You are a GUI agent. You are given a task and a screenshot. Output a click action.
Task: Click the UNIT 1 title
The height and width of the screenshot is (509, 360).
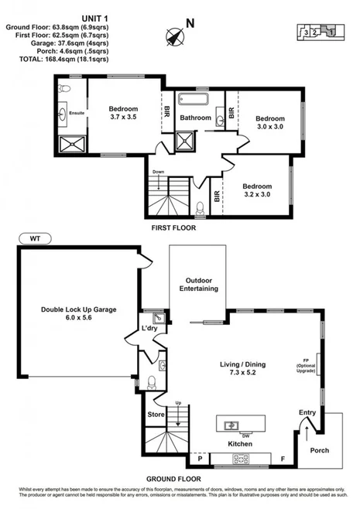point(94,16)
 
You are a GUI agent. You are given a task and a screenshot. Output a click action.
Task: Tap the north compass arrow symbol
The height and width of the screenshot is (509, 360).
point(174,36)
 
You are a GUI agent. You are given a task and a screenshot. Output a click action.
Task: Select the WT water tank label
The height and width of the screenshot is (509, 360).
point(35,239)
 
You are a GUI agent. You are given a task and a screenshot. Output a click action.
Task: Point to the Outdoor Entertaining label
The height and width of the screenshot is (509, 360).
point(197,284)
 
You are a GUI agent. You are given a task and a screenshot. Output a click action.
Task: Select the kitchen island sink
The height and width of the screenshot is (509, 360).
point(230,425)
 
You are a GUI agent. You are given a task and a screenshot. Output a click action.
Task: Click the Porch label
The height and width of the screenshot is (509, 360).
point(320,449)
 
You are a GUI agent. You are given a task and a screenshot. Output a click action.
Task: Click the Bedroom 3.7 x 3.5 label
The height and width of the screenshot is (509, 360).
point(123,113)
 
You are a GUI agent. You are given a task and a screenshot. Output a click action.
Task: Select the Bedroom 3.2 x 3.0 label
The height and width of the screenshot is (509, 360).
point(257,190)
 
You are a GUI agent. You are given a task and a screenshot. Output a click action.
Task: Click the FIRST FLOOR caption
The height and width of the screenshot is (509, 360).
point(173,229)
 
